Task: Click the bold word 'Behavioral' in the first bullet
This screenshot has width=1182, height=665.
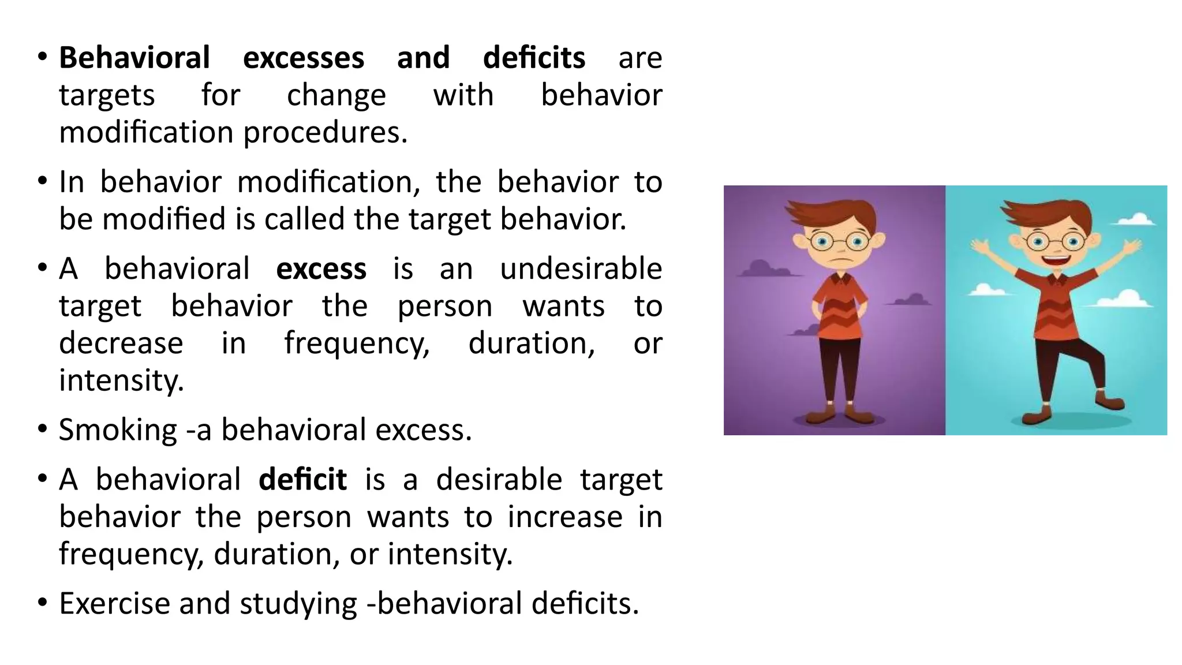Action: coord(134,58)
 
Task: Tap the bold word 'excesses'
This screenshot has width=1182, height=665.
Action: coord(304,58)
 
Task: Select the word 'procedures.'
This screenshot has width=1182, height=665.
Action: coord(325,133)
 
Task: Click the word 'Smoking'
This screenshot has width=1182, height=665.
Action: coord(118,430)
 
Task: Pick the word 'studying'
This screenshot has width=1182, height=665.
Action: coord(298,604)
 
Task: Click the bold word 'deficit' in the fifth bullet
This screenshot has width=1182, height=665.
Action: coord(302,480)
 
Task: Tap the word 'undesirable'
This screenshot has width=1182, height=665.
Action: coord(581,269)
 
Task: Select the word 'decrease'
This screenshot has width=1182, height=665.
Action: coord(121,343)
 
